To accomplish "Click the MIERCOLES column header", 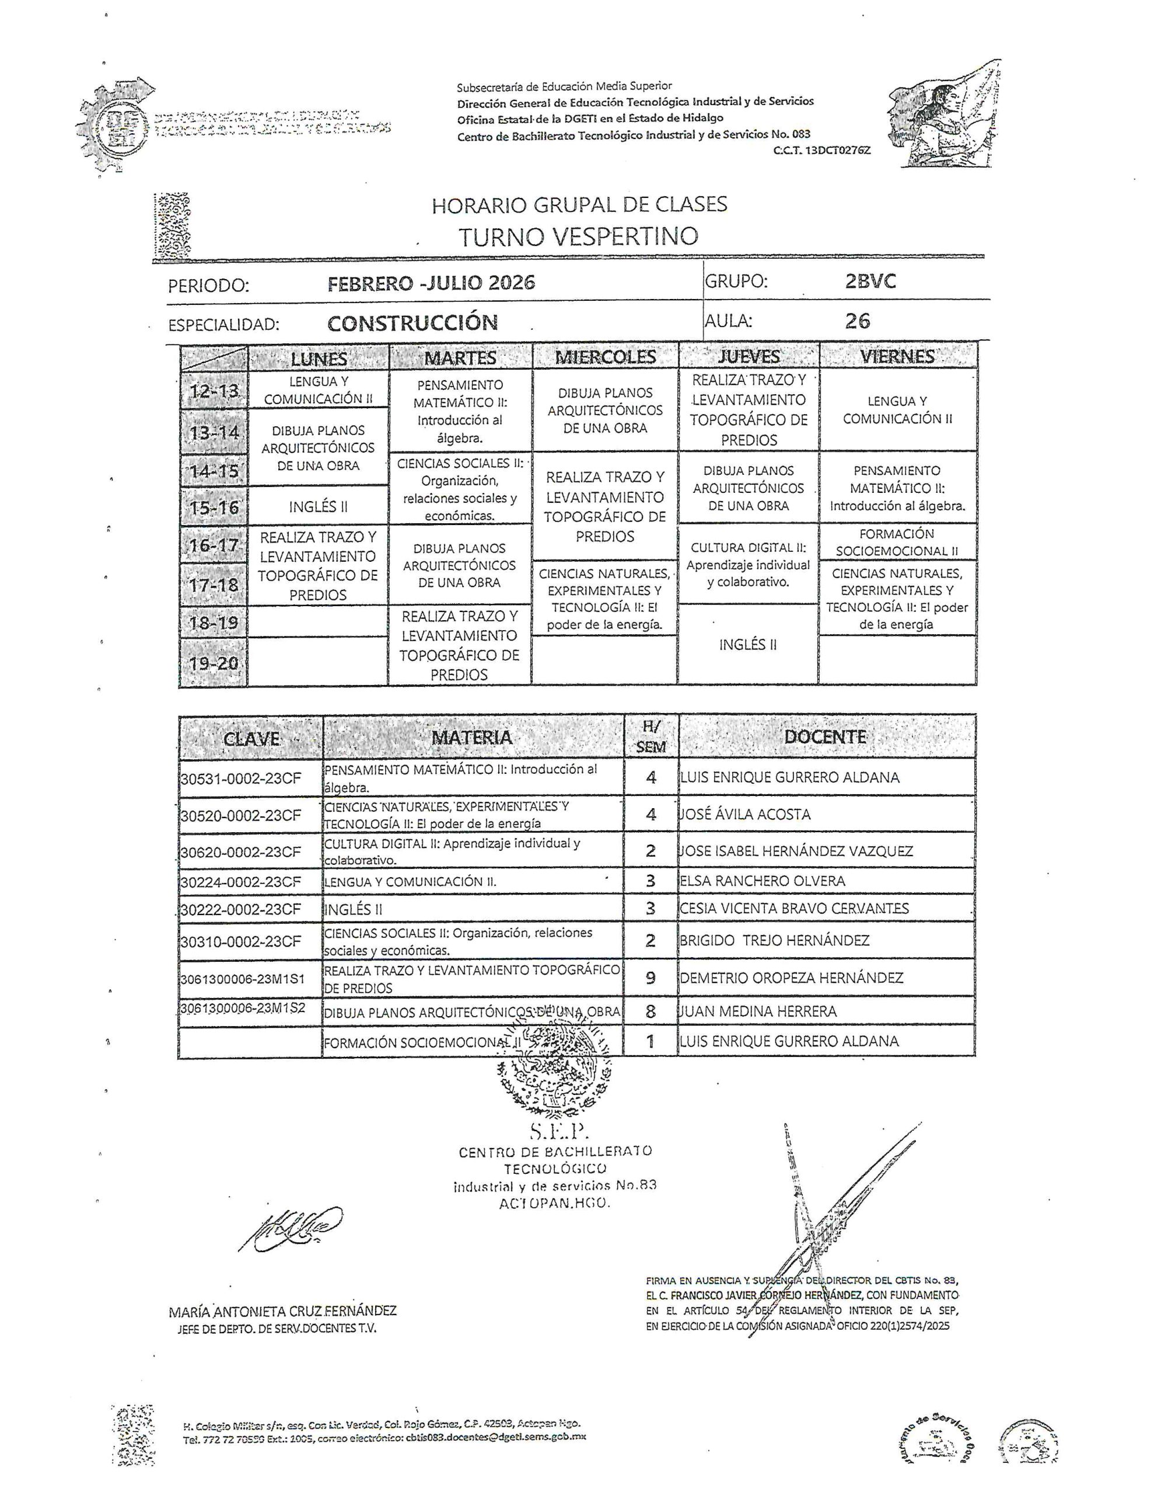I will click(x=604, y=357).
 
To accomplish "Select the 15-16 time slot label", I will click(x=214, y=507).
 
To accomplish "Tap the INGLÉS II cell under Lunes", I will click(x=318, y=506).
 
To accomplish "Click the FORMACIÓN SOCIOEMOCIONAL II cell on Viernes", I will click(x=897, y=542).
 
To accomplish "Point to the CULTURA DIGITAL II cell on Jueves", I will click(x=749, y=565).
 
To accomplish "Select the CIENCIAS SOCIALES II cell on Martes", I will click(x=459, y=489).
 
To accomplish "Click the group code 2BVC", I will click(x=870, y=281).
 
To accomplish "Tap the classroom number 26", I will click(x=858, y=321).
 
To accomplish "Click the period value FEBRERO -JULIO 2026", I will click(x=431, y=283).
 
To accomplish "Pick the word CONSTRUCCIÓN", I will click(x=412, y=322).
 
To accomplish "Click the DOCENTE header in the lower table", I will click(x=825, y=736).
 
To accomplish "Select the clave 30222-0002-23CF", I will click(x=241, y=909).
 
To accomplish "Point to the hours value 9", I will click(x=650, y=978).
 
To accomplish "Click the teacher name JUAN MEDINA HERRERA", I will click(x=758, y=1011).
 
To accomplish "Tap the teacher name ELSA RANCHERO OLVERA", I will click(x=762, y=881).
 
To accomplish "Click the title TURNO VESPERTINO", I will click(x=578, y=237).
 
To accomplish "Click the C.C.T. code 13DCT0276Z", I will click(x=821, y=151).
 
